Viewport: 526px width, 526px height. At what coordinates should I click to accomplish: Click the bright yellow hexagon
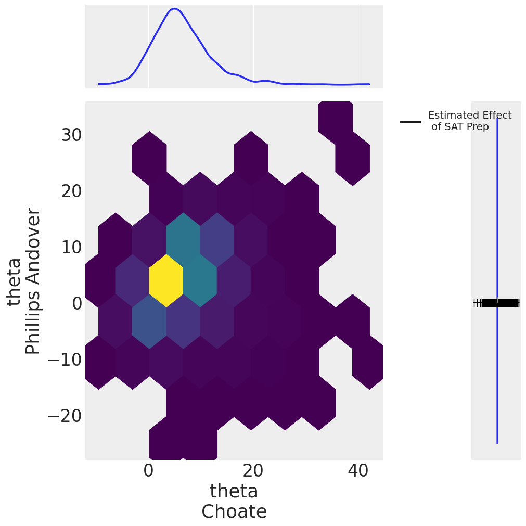click(166, 280)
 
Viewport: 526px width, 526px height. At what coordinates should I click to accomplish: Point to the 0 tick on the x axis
click(148, 471)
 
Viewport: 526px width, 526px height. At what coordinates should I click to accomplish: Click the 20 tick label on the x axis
click(253, 471)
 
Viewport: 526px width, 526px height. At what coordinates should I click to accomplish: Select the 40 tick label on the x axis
click(358, 471)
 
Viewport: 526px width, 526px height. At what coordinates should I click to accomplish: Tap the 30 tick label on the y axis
click(71, 135)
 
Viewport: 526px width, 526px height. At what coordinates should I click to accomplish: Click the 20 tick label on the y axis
click(71, 191)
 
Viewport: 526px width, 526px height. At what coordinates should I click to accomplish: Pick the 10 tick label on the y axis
click(71, 248)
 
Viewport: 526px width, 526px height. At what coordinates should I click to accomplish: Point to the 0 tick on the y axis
click(76, 303)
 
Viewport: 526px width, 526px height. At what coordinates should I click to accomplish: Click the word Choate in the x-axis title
click(234, 512)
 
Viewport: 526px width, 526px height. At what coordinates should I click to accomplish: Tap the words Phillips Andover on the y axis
click(33, 281)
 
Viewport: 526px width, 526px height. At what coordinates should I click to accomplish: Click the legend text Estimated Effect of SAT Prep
click(469, 121)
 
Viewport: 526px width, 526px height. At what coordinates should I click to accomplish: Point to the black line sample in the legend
click(410, 122)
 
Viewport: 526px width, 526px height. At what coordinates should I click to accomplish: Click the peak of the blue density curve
click(175, 9)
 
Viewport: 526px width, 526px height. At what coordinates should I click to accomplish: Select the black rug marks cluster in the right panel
click(497, 303)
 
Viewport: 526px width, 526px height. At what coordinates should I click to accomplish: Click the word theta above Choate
click(234, 492)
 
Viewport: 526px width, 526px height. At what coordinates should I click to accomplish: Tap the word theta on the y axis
click(14, 281)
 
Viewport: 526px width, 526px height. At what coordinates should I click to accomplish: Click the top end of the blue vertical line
click(497, 119)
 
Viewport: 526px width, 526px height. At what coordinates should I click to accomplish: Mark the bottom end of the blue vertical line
click(497, 443)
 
